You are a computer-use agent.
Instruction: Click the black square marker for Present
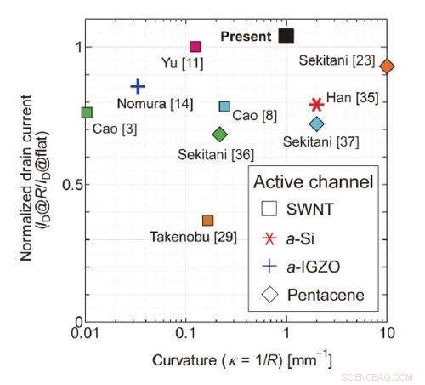[x=286, y=35]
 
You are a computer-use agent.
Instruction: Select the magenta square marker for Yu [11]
[x=195, y=47]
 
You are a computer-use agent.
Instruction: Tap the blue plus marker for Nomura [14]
[x=139, y=86]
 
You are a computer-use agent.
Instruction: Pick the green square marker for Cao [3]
[x=87, y=112]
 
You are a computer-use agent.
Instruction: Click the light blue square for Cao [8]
[x=224, y=106]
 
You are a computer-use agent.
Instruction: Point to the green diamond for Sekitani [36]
[x=220, y=134]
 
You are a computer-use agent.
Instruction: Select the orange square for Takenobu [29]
[x=208, y=220]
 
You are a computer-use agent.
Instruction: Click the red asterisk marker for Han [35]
[x=316, y=104]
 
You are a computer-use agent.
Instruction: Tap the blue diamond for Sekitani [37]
[x=317, y=124]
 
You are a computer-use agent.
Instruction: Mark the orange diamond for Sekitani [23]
[x=387, y=66]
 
